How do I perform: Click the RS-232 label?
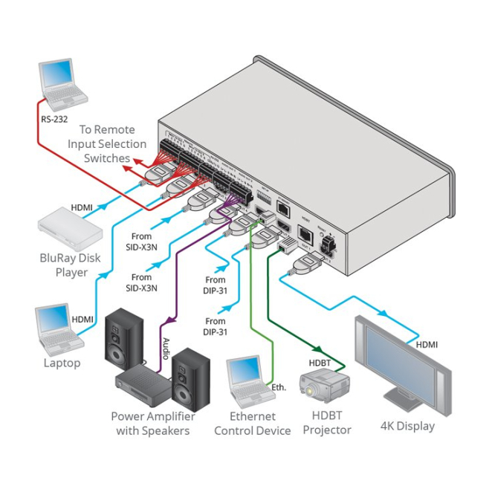(54, 117)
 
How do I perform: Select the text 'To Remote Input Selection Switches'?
(101, 143)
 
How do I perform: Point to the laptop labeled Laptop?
(60, 330)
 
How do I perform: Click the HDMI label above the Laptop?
(82, 319)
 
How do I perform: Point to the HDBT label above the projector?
(321, 363)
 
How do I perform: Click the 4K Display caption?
(407, 426)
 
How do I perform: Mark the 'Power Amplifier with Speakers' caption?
(152, 424)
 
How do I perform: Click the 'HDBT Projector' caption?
(327, 424)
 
